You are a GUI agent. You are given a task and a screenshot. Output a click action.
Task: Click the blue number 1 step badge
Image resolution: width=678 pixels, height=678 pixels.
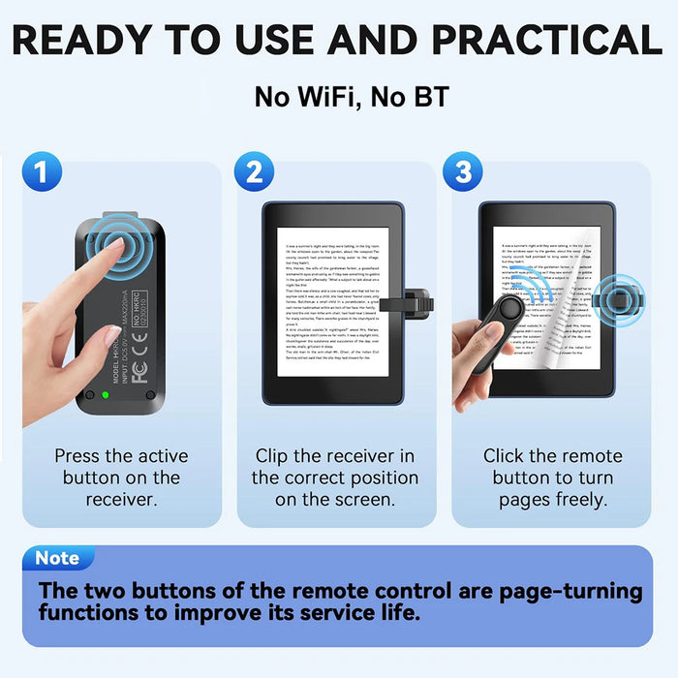coord(41,172)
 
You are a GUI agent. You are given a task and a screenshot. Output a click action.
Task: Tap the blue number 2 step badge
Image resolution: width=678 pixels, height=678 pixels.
coord(254,172)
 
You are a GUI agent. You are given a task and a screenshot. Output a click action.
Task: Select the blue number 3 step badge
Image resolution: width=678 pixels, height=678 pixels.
coord(463,172)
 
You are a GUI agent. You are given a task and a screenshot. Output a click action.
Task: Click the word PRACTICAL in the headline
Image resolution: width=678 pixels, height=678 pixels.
coord(546,40)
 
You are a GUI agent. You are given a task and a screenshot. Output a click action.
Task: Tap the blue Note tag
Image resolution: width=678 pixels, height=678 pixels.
coord(57,559)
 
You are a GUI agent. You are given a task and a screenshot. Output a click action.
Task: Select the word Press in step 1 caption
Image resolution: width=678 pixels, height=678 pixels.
coord(79,455)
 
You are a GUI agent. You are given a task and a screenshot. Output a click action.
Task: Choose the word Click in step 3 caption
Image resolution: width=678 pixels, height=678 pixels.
coord(505,455)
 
